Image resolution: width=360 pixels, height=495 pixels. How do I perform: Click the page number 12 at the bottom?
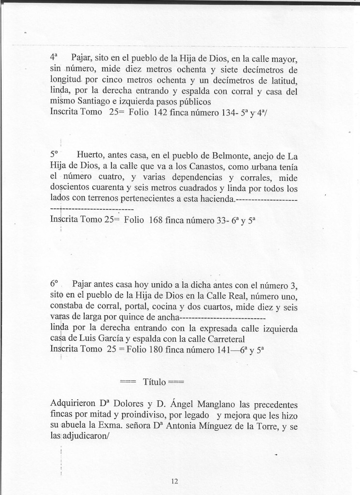(x=174, y=481)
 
